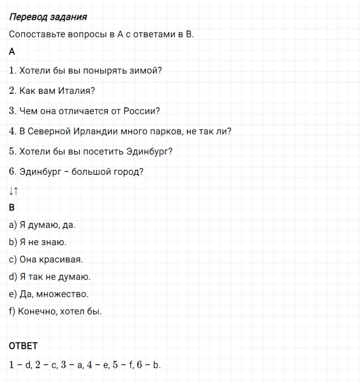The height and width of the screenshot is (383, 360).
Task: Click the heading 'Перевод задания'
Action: coord(49,17)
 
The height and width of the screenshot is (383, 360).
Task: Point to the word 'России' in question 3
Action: coord(142,110)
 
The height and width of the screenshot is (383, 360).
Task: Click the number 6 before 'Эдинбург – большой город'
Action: coord(13,171)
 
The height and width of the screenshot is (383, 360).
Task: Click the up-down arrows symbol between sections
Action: coord(14,190)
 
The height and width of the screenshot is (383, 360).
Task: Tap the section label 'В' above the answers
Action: coord(12,207)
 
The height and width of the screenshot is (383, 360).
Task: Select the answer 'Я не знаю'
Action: coord(38,243)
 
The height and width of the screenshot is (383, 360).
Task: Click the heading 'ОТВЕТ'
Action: coord(24,346)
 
